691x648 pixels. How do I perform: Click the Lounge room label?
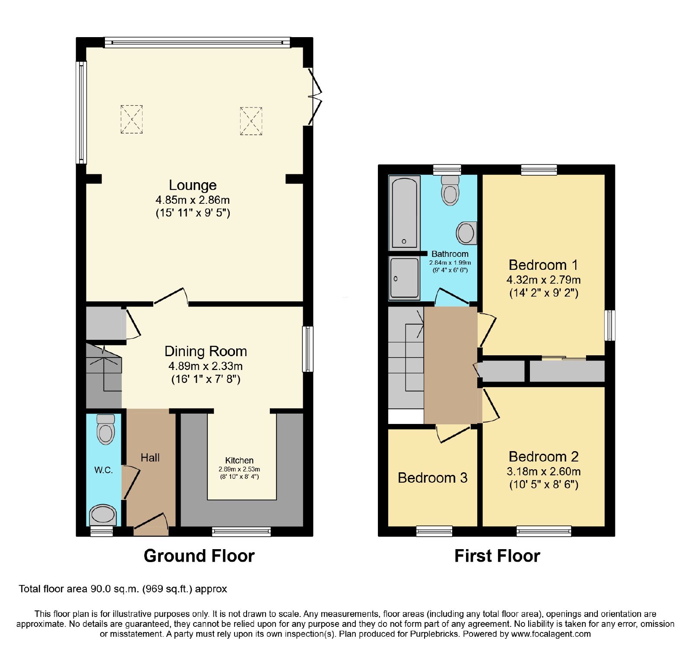tap(193, 185)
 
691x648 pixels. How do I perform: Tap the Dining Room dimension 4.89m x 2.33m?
tap(206, 366)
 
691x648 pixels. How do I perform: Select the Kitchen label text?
tap(239, 460)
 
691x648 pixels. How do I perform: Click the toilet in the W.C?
tap(106, 429)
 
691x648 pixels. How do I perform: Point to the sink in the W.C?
tap(103, 515)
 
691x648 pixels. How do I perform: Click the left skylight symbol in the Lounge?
tap(131, 119)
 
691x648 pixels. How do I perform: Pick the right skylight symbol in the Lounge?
tap(251, 121)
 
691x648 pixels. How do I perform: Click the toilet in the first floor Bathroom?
tap(450, 190)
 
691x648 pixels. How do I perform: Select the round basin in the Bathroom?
tap(466, 233)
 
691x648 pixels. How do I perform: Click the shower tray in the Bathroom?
tap(404, 278)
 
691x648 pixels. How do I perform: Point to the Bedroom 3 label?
tap(432, 478)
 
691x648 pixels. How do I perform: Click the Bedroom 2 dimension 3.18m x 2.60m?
tap(543, 471)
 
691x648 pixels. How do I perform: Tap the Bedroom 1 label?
tap(543, 265)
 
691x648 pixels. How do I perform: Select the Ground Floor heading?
tap(199, 556)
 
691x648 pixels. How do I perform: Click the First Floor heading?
tap(497, 556)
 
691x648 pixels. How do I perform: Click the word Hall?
tap(150, 458)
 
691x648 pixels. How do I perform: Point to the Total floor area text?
tap(123, 589)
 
